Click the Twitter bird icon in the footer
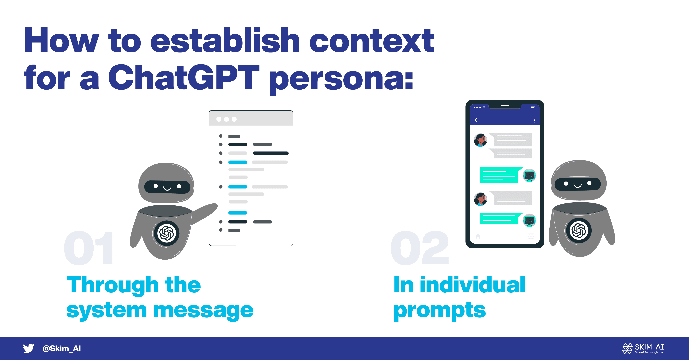[x=28, y=348]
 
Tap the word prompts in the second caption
[x=440, y=311]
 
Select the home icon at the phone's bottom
[x=478, y=236]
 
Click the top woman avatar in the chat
[x=480, y=140]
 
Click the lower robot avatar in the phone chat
[x=529, y=220]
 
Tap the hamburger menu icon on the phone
[x=531, y=236]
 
